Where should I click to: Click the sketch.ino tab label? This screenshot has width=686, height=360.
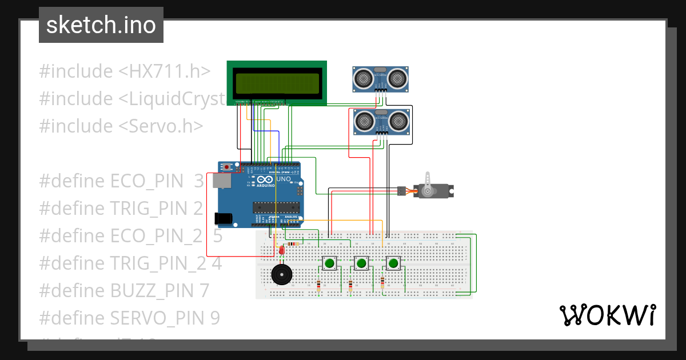(101, 25)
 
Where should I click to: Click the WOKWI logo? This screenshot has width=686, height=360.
(607, 315)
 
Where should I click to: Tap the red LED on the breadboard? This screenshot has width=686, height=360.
(281, 250)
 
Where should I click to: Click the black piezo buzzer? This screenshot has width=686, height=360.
(281, 275)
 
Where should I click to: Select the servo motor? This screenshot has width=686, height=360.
(434, 191)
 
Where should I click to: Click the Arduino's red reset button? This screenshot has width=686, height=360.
(228, 167)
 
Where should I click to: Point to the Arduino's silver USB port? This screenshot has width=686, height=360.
(221, 181)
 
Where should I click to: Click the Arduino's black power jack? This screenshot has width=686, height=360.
(223, 218)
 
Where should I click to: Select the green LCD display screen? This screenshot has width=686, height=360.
(277, 83)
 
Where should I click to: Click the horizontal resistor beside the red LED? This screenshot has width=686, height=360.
(293, 244)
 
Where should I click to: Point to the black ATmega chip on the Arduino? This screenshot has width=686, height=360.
(276, 207)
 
